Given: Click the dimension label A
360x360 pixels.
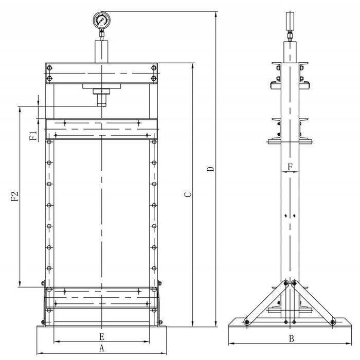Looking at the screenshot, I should click(x=101, y=348).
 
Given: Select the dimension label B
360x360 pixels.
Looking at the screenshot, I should click(x=291, y=338).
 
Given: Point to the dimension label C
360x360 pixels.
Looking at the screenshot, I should click(x=188, y=195).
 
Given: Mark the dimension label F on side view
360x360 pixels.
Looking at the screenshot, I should click(x=290, y=167).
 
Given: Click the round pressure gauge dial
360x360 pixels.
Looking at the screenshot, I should click(x=101, y=22).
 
